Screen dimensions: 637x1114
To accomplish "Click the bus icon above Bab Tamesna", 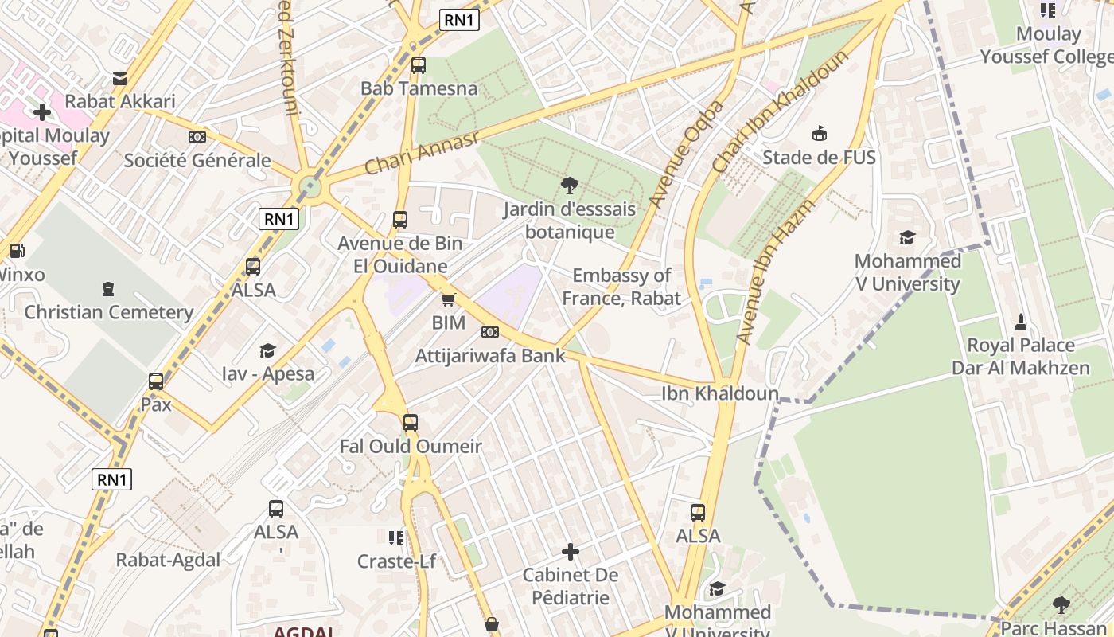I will click(x=419, y=65).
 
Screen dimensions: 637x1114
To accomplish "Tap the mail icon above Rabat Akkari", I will click(x=119, y=78).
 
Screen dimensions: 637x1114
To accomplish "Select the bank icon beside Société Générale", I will click(x=197, y=137).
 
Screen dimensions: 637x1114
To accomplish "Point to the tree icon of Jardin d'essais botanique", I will click(x=569, y=186).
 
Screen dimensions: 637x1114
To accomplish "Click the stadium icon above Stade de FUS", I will click(x=819, y=133).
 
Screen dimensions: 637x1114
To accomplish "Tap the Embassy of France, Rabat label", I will click(x=621, y=287).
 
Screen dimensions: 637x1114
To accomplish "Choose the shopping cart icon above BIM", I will click(x=449, y=300).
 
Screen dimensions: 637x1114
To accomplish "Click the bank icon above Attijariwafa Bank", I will click(x=490, y=332).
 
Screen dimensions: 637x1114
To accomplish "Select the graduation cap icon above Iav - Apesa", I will click(x=268, y=350).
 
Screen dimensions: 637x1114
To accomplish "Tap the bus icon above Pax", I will click(x=156, y=381).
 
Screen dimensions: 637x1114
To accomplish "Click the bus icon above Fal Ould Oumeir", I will click(x=411, y=423).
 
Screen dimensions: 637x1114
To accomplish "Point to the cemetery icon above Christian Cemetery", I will click(x=108, y=289).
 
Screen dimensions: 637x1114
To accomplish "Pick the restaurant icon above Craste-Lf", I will click(x=396, y=538).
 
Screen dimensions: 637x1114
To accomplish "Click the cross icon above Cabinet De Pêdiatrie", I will click(x=571, y=551).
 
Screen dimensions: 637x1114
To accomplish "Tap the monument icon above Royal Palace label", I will click(x=1021, y=322).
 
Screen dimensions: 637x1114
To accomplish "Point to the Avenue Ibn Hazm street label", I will click(x=765, y=273).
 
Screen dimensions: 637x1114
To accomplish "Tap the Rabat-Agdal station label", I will click(x=168, y=560).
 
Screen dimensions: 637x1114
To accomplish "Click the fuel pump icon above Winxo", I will click(x=17, y=251).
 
